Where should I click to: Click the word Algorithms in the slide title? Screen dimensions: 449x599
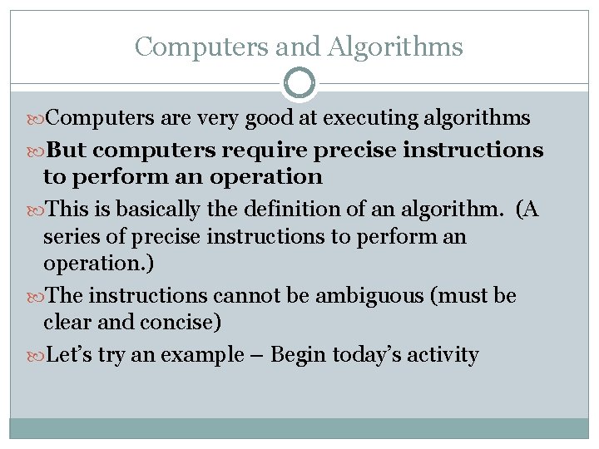pyautogui.click(x=397, y=47)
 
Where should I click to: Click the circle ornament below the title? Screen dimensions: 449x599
pyautogui.click(x=299, y=83)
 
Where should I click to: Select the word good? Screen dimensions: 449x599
pyautogui.click(x=267, y=119)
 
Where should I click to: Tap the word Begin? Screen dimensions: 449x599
pyautogui.click(x=299, y=355)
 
